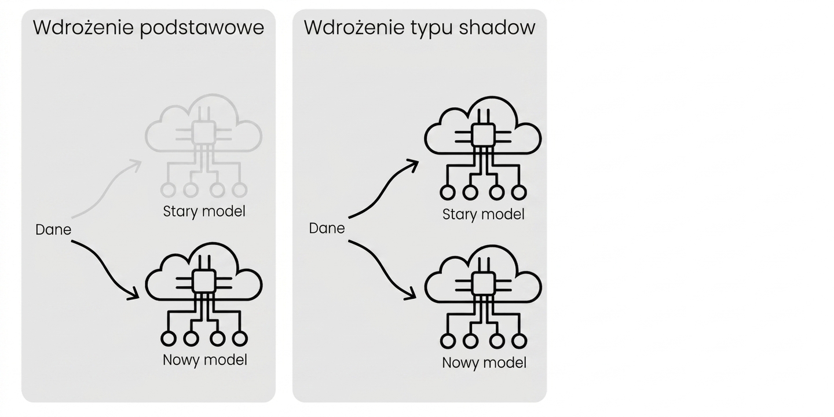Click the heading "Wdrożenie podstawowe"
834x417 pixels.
(x=148, y=28)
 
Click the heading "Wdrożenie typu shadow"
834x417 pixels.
(x=419, y=28)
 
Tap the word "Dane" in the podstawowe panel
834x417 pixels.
(x=53, y=230)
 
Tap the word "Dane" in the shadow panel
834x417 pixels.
(x=327, y=228)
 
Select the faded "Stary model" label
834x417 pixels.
(x=204, y=212)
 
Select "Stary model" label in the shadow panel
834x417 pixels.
(x=483, y=215)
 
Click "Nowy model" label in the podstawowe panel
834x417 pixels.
(x=205, y=360)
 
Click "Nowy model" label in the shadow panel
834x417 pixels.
(x=484, y=363)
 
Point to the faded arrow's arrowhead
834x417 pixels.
(x=136, y=165)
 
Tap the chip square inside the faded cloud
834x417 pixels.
(x=204, y=133)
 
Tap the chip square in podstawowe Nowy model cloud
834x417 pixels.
(x=204, y=281)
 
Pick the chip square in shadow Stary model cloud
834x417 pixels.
(x=483, y=135)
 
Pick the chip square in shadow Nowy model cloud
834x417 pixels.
(x=483, y=284)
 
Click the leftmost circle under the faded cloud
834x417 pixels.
(x=169, y=190)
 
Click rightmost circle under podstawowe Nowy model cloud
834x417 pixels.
(x=240, y=339)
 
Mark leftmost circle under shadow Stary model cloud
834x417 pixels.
(x=448, y=193)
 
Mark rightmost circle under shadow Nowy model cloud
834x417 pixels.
(x=519, y=341)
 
